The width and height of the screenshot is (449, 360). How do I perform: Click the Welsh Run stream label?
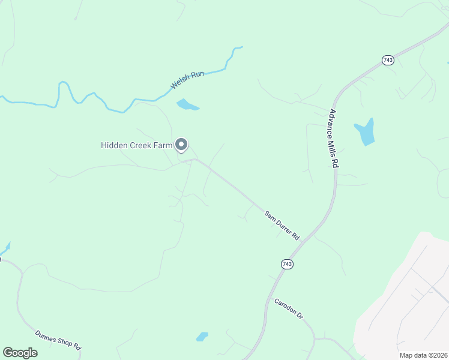[187, 80]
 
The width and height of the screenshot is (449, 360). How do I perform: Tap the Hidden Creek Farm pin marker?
[181, 145]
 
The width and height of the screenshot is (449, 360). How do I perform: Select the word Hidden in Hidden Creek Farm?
[113, 145]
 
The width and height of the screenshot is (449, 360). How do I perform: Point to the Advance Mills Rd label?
[335, 139]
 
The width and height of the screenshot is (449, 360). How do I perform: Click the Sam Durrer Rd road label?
[282, 225]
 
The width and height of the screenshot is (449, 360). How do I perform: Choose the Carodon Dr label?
[289, 308]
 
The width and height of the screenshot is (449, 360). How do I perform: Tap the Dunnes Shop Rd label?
[58, 340]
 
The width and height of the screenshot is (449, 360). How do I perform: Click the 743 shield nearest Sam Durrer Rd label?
[287, 264]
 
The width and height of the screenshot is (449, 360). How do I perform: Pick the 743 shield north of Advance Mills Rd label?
[388, 61]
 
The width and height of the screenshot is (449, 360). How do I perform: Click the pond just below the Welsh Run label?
[187, 106]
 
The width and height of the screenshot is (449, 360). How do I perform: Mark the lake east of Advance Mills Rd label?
[365, 132]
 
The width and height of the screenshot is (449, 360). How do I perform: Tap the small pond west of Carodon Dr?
[202, 336]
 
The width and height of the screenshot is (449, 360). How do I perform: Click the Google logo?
[20, 352]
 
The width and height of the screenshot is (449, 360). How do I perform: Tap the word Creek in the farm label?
[139, 145]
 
